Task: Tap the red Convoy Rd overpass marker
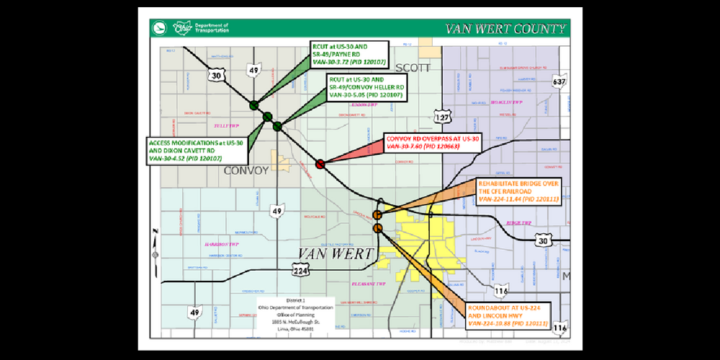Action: click(x=320, y=164)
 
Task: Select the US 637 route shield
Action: click(x=558, y=81)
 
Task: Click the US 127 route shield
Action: click(x=441, y=117)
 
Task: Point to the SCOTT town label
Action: click(x=411, y=68)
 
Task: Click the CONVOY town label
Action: click(x=246, y=171)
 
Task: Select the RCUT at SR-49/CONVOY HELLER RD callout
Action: click(x=366, y=86)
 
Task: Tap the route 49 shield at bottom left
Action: click(x=194, y=313)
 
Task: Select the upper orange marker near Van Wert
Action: click(x=377, y=215)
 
